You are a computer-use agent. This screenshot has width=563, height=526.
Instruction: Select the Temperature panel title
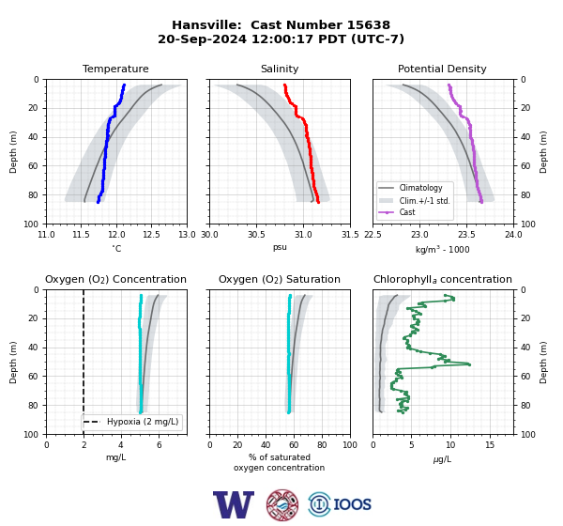point(115,69)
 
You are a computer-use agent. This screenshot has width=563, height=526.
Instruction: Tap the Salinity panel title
point(280,69)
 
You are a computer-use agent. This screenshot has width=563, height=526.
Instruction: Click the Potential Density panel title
point(442,69)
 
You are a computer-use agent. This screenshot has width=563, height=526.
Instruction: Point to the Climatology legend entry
point(420,188)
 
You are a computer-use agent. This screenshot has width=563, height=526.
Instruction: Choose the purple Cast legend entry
point(407,212)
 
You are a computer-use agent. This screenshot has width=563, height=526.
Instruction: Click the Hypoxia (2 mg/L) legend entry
point(143,422)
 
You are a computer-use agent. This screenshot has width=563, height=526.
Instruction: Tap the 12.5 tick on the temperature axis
point(151,235)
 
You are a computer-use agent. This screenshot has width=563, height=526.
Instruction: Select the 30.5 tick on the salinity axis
point(256,235)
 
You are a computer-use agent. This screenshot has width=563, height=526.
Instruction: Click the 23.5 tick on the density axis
point(466,235)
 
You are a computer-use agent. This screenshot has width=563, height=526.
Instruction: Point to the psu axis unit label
point(280,247)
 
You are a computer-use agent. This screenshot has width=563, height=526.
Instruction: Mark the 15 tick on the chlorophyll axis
point(490,445)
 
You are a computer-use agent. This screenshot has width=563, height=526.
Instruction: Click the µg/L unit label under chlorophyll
point(442,459)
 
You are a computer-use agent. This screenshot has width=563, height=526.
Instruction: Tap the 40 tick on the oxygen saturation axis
point(266,445)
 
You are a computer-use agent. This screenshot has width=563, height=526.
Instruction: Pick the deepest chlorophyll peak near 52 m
point(469,364)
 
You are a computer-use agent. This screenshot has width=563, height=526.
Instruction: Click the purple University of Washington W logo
point(234,504)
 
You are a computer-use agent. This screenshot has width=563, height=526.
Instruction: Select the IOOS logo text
point(352,504)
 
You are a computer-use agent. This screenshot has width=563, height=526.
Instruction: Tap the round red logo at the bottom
point(282,504)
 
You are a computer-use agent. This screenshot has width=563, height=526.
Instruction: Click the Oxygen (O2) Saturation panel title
point(280,279)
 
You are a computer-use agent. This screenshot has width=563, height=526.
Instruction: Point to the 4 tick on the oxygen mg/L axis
point(121,445)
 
